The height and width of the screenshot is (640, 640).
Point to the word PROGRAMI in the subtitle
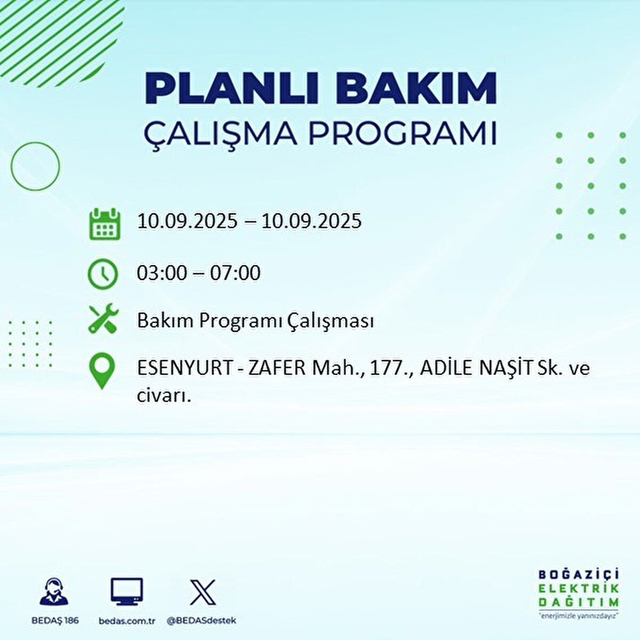click(x=403, y=133)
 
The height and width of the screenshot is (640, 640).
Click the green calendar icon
click(x=103, y=223)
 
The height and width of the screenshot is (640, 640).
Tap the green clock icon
click(x=102, y=274)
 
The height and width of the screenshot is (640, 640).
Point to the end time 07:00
click(x=236, y=273)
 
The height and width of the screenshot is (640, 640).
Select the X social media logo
click(x=203, y=592)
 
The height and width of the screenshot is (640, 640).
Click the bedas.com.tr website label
click(x=127, y=621)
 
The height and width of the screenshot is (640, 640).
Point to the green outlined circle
click(x=35, y=166)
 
